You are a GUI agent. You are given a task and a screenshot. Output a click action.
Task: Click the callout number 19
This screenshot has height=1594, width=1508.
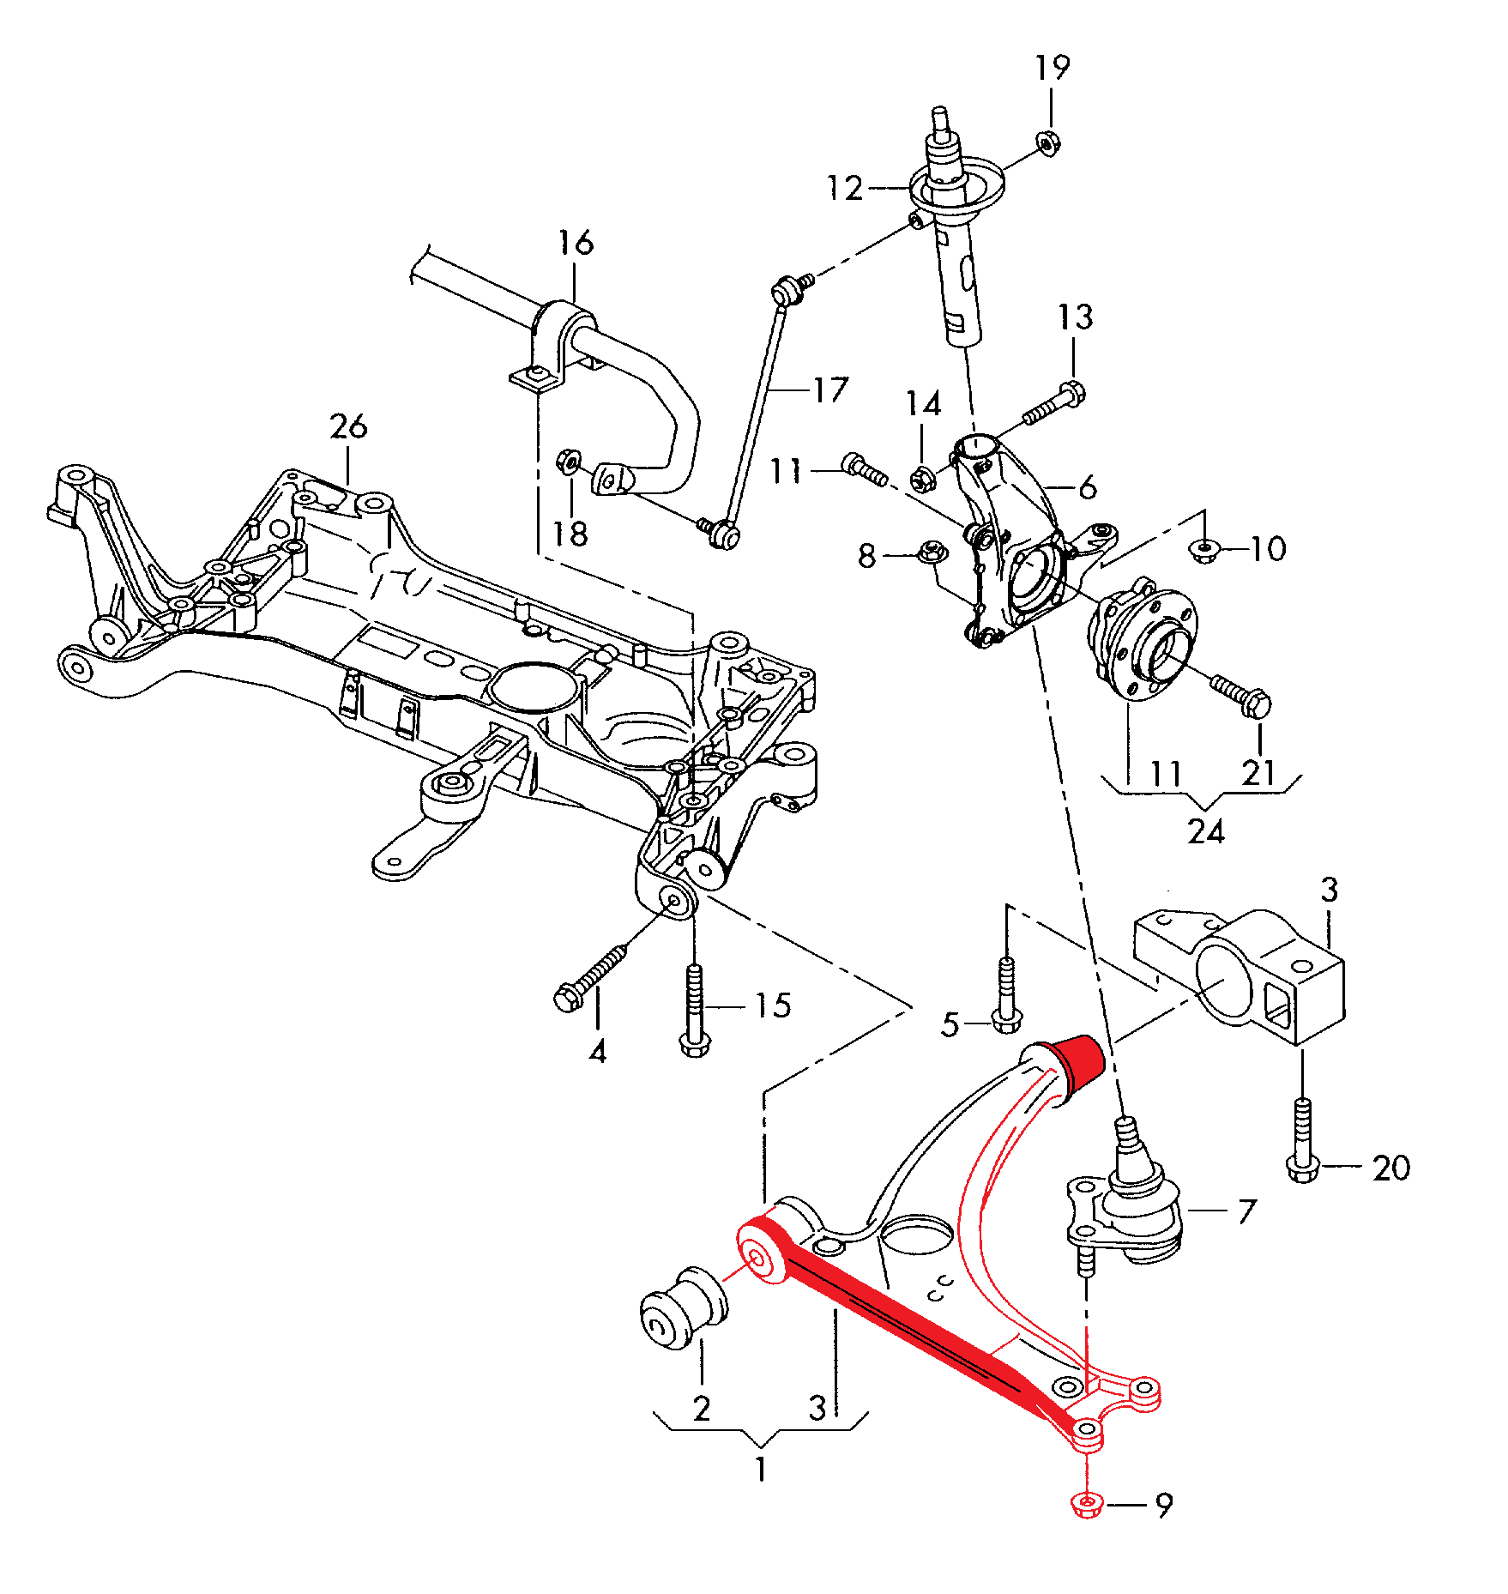(x=1053, y=67)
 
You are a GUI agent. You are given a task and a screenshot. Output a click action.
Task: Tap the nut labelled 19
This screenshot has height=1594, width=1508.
(x=1047, y=142)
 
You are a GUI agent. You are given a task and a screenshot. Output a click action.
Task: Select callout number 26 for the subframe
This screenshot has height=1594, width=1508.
(x=348, y=426)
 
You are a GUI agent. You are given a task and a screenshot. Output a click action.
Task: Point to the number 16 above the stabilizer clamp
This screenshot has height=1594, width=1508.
(x=576, y=243)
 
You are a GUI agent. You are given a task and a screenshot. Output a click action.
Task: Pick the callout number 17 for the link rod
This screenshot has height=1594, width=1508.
(x=830, y=390)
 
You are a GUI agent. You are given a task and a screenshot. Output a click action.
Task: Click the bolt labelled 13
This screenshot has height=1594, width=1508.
(x=1053, y=405)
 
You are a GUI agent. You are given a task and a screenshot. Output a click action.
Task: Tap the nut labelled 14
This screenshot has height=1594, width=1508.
(x=923, y=479)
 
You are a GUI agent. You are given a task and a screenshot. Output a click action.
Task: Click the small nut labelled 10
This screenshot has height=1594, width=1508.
(x=1204, y=548)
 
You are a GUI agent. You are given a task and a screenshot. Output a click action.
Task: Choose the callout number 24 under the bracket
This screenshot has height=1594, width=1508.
(x=1205, y=830)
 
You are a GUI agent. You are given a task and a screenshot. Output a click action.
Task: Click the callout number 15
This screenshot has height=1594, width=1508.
(x=773, y=1005)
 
